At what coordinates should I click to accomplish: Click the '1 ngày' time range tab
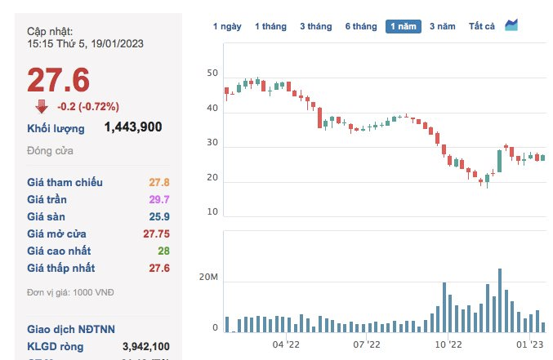[x=227, y=26]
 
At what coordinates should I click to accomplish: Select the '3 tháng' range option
[x=315, y=26]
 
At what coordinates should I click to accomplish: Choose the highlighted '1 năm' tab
[x=404, y=26]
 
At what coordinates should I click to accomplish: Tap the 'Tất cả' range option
[x=482, y=26]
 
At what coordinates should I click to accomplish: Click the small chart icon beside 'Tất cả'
[x=511, y=25]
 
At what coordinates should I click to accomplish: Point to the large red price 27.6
[x=58, y=80]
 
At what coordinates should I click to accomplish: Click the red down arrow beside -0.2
[x=42, y=106]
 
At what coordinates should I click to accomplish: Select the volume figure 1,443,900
[x=133, y=127]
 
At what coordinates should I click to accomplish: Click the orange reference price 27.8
[x=158, y=182]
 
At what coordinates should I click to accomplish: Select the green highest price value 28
[x=163, y=251]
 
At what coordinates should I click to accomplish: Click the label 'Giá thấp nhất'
[x=61, y=268]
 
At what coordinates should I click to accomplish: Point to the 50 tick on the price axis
[x=212, y=73]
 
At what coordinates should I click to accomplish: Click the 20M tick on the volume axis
[x=209, y=278]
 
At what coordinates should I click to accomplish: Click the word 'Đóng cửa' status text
[x=51, y=151]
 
